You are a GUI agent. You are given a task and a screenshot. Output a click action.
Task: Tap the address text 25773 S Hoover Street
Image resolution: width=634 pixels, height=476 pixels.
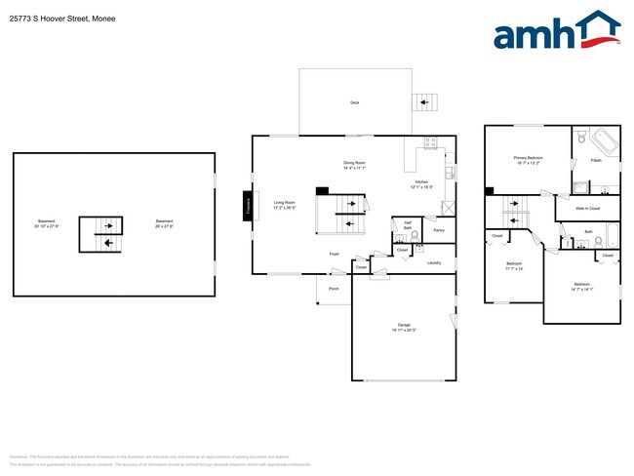[59, 15]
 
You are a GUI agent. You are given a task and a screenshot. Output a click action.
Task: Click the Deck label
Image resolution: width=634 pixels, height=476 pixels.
[354, 102]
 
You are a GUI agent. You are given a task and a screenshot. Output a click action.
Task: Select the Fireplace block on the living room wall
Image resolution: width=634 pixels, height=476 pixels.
[248, 206]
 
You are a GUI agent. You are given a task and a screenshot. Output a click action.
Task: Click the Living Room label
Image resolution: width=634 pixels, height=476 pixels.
[284, 204]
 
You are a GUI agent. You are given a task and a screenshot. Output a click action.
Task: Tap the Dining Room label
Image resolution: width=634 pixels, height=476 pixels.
[354, 165]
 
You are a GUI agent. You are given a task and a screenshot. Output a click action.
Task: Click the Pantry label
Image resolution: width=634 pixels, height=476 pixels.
[439, 231]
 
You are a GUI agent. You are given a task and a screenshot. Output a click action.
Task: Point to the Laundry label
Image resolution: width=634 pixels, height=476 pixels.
[434, 261]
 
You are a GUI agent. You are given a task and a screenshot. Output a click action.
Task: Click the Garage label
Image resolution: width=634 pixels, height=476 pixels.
[403, 327]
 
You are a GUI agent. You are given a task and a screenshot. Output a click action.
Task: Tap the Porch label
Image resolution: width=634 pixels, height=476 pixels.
[334, 289]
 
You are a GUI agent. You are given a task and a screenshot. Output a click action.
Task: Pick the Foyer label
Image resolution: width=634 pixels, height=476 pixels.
[334, 254]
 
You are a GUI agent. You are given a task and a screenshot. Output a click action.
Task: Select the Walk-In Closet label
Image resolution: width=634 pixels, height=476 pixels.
[587, 208]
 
